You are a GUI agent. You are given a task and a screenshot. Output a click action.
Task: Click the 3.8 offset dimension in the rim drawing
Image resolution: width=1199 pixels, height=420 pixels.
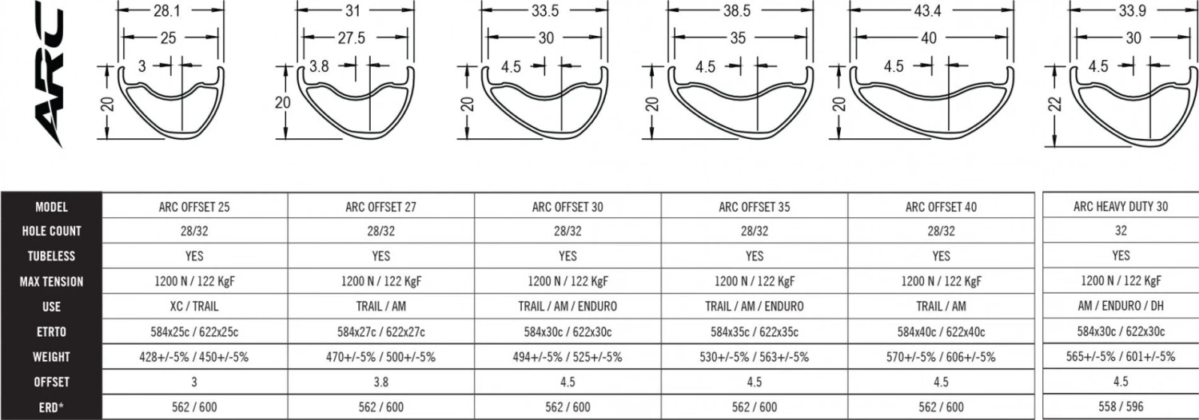point(319,67)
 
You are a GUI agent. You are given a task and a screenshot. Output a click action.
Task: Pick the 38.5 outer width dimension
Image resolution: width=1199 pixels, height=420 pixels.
point(740,11)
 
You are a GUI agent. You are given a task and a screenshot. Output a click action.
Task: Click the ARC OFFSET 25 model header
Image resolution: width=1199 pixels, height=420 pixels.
point(194,207)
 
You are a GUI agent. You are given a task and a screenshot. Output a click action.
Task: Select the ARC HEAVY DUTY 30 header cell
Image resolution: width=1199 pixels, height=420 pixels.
point(1121,206)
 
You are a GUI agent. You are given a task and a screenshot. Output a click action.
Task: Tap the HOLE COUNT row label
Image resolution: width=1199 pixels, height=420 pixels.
point(51,231)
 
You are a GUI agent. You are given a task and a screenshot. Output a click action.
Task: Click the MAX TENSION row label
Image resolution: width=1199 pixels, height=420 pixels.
point(51,281)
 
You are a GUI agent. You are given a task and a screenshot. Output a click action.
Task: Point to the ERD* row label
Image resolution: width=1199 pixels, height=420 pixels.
point(51,406)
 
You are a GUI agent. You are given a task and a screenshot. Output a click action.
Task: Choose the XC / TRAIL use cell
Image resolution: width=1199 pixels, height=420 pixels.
point(194,306)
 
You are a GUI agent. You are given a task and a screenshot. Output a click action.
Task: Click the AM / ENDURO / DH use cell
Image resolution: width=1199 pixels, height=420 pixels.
point(1121,306)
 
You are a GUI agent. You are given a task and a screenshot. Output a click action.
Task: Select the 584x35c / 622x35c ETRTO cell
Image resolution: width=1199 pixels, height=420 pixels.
point(754,331)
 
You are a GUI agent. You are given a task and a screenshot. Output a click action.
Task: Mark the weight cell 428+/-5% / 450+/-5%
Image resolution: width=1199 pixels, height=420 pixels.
point(194,357)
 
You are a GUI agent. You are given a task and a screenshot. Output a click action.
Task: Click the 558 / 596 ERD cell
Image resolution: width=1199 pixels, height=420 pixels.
point(1121,406)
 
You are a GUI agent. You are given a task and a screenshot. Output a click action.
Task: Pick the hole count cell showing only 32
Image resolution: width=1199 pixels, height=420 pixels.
point(1121,231)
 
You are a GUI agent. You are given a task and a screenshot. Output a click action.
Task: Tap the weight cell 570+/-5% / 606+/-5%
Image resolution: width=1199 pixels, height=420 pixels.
point(941,357)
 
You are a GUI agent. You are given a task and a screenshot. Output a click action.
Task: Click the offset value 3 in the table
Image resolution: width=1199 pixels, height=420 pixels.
point(194,382)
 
